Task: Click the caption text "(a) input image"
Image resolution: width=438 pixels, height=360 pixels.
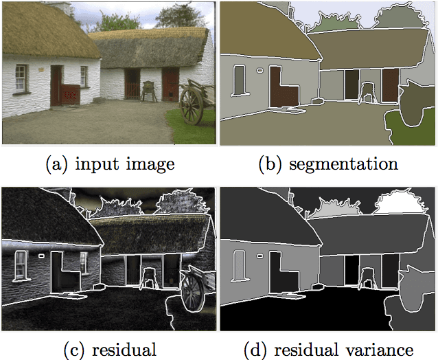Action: coord(109,164)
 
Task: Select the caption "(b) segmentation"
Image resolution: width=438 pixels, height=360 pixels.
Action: coord(327,164)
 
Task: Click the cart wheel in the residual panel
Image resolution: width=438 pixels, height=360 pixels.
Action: coord(193,290)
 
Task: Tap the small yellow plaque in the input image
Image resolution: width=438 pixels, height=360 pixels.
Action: coord(41,69)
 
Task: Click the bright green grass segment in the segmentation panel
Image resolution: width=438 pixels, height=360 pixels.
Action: coord(408,128)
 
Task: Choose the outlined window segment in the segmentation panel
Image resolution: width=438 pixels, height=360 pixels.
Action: coord(240,80)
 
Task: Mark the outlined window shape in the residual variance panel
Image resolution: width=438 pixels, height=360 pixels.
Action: coord(240,265)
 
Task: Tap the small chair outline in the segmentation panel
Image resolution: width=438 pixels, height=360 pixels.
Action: coord(367,91)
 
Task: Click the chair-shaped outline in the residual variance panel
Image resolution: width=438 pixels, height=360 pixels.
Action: coord(367,275)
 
